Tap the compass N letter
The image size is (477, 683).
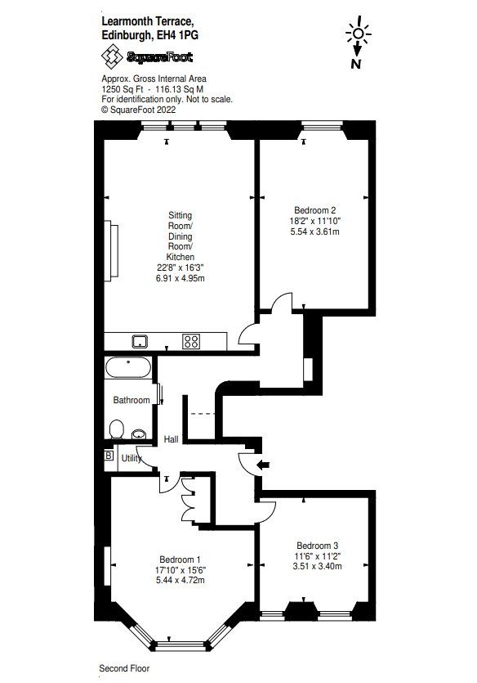[x=357, y=63]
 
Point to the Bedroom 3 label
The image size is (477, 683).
[x=318, y=546]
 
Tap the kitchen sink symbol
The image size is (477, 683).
[x=140, y=341]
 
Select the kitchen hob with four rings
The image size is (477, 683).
[x=193, y=341]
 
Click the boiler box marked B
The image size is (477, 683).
[x=109, y=456]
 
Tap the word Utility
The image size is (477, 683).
[x=132, y=459]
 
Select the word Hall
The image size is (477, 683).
[x=172, y=439]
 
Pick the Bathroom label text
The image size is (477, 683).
[x=132, y=400]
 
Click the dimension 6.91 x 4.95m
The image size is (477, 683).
[x=180, y=279]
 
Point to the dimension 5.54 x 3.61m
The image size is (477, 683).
[x=315, y=232]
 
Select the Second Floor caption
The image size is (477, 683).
[x=124, y=668]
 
